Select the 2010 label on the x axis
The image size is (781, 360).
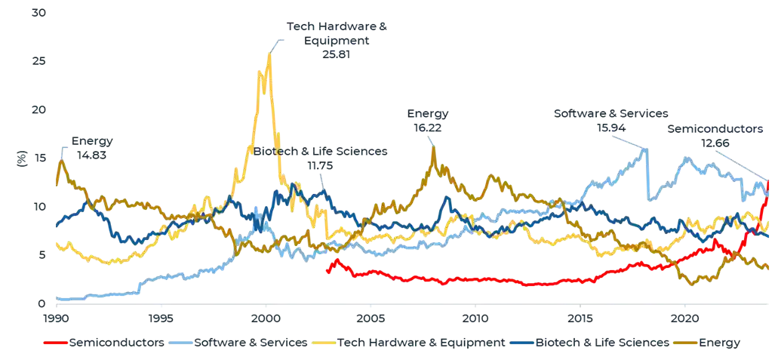475,318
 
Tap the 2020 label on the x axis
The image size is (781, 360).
684,318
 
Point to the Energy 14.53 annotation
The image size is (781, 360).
93,147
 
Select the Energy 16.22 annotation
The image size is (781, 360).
428,121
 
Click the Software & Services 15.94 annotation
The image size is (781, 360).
610,120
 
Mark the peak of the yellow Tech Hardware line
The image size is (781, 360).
269,53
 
